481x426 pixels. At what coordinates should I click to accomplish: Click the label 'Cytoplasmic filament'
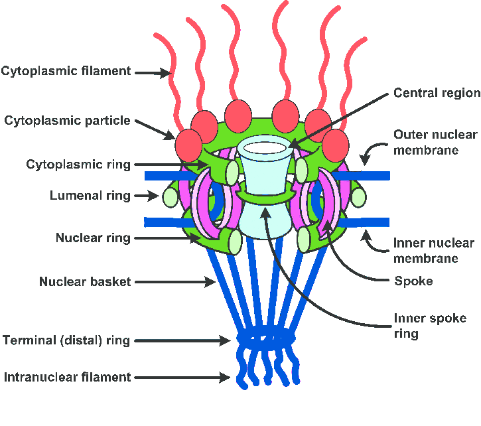click(66, 70)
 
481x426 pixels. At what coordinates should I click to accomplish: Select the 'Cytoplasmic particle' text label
click(67, 121)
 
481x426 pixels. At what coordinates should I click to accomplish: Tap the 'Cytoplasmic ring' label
click(78, 164)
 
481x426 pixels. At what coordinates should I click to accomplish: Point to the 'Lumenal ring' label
click(90, 196)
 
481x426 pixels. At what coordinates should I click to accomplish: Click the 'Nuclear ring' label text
click(93, 238)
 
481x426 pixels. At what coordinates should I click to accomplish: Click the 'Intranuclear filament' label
click(67, 377)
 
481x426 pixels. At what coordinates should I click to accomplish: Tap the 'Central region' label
click(437, 93)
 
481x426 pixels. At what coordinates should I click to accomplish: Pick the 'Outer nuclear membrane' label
click(435, 142)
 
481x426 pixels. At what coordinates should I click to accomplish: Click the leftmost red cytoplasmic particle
click(188, 143)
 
